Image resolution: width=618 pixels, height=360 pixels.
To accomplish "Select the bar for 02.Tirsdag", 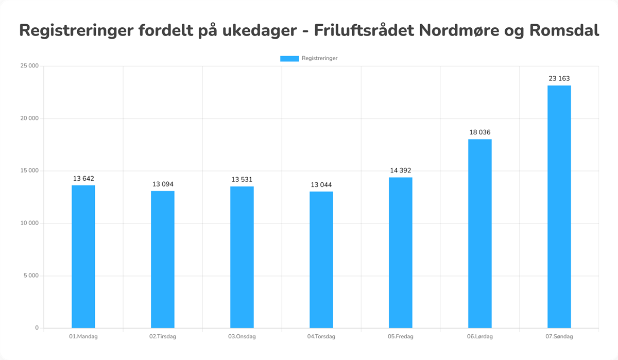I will (163, 260).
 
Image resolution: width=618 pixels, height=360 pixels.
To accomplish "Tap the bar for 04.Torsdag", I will (321, 260).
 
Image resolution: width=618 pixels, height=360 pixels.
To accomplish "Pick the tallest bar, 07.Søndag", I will (559, 206).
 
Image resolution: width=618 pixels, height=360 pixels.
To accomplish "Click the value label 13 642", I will (83, 179).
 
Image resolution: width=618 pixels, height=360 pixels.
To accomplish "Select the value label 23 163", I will (559, 79).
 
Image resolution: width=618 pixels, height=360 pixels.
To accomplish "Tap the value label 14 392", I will (401, 170).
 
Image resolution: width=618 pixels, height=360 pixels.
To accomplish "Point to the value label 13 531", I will (242, 179).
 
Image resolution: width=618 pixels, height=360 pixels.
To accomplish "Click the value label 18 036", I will (480, 132).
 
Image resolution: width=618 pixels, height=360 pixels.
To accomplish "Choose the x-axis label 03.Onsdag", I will (242, 337).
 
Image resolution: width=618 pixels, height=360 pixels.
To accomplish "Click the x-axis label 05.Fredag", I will (401, 337).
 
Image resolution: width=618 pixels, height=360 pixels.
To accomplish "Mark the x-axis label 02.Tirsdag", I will (163, 337).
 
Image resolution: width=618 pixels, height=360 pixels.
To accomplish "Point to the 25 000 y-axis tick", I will (29, 66).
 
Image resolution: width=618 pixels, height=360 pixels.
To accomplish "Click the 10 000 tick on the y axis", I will (29, 223).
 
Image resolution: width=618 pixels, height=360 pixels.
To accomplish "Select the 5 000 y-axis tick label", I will (31, 276).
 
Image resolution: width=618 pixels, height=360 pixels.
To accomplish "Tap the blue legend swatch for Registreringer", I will (289, 59).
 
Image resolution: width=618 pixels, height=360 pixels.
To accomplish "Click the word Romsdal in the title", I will (564, 30).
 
